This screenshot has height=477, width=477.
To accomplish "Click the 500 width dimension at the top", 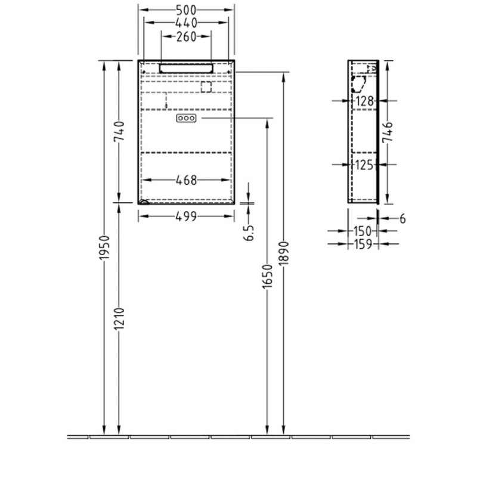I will click(x=187, y=10).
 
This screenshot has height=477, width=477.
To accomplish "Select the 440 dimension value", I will click(x=187, y=23).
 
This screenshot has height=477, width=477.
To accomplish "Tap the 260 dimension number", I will click(x=187, y=37).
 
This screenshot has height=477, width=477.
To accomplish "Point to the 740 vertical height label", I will click(x=119, y=131).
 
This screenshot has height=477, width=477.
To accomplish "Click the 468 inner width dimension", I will click(x=187, y=179).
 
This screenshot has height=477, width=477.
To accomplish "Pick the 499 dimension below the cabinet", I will click(x=187, y=217).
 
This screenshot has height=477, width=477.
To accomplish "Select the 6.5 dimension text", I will click(x=250, y=231).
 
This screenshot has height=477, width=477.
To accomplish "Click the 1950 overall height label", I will click(x=104, y=248).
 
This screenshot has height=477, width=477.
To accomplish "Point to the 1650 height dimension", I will click(x=268, y=277).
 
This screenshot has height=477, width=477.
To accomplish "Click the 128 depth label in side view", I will click(x=364, y=101).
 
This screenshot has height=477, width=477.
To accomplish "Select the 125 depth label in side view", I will click(x=364, y=165).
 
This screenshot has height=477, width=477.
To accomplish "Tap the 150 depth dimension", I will click(x=363, y=231).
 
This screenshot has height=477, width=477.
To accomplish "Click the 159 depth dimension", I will click(x=363, y=243).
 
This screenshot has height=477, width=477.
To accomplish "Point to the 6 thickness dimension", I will click(x=402, y=219).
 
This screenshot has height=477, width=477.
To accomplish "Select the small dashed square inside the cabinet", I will click(x=206, y=88).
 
